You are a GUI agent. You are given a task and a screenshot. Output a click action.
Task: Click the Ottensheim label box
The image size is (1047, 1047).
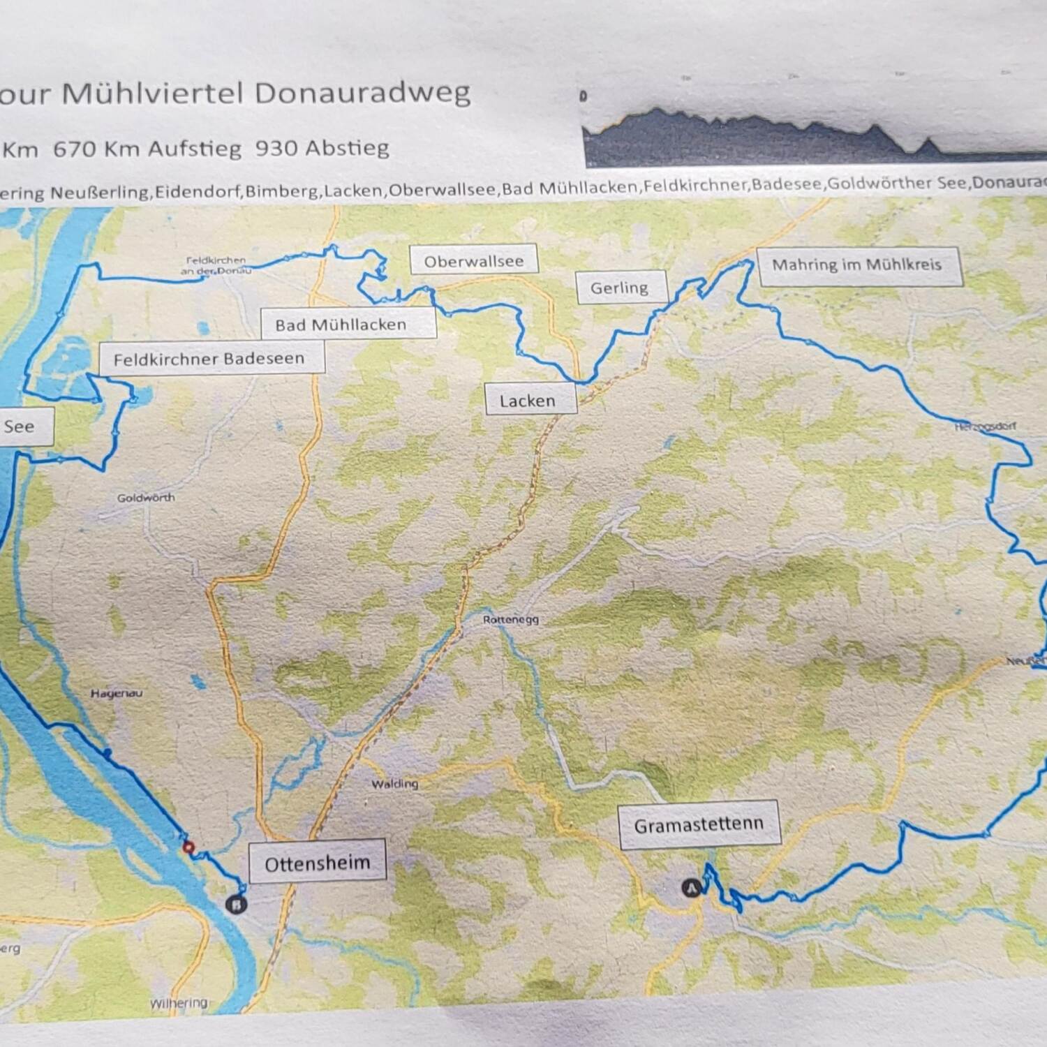[317, 863]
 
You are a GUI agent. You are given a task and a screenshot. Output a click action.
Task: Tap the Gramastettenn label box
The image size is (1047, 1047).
[699, 825]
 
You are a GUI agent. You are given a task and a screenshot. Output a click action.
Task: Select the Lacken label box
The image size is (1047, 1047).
[530, 400]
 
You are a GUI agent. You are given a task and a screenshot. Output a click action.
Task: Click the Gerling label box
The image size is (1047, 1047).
[621, 288]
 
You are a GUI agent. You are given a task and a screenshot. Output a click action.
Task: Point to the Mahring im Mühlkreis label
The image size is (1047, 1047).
[858, 265]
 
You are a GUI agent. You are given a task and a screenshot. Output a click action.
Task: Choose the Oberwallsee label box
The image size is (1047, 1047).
[473, 261]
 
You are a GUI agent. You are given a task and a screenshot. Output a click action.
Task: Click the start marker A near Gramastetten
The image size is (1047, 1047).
[691, 888]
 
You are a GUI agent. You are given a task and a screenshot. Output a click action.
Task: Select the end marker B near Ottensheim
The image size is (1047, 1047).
[237, 905]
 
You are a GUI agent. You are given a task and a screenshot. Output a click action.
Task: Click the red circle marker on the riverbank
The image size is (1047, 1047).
[188, 847]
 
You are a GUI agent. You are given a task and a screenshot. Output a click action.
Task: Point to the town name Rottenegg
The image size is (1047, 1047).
[511, 619]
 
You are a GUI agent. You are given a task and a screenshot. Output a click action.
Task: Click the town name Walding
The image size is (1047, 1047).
[394, 784]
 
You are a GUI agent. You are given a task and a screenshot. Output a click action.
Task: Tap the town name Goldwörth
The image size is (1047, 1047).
[146, 498]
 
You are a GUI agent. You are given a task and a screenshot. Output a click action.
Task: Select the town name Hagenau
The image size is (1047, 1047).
[117, 693]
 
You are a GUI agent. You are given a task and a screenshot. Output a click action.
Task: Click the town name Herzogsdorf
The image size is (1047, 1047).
[985, 426]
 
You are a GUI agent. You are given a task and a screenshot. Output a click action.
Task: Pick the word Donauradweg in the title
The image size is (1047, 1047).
[362, 93]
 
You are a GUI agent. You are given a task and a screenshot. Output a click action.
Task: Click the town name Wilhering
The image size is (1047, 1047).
[179, 1003]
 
